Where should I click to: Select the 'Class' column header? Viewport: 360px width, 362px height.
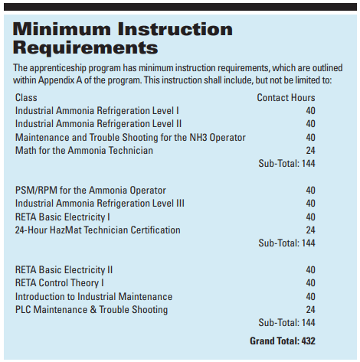pyautogui.click(x=26, y=98)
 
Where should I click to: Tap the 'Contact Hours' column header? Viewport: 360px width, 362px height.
pyautogui.click(x=286, y=98)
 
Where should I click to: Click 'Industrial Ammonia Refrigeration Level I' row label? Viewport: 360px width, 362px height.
pyautogui.click(x=97, y=111)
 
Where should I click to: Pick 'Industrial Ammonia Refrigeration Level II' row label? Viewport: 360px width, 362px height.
pyautogui.click(x=98, y=124)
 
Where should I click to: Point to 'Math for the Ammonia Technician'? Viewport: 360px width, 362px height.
pyautogui.click(x=84, y=150)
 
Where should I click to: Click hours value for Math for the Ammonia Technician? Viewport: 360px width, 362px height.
pyautogui.click(x=310, y=150)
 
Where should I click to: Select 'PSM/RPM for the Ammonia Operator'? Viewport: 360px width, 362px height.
pyautogui.click(x=90, y=191)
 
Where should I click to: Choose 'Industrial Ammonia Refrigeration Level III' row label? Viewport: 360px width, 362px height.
pyautogui.click(x=100, y=204)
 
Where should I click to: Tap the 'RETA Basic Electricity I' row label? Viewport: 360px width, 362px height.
pyautogui.click(x=63, y=217)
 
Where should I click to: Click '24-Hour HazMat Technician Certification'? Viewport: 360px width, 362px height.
pyautogui.click(x=98, y=230)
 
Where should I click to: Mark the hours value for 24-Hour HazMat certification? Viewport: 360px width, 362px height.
pyautogui.click(x=310, y=230)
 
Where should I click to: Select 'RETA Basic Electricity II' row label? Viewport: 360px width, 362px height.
pyautogui.click(x=64, y=270)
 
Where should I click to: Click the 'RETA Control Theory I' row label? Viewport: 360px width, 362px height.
pyautogui.click(x=60, y=283)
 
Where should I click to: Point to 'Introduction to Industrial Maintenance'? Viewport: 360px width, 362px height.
pyautogui.click(x=93, y=296)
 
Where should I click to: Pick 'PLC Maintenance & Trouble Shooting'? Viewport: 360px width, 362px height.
pyautogui.click(x=92, y=309)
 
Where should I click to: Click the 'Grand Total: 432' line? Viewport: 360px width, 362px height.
pyautogui.click(x=283, y=341)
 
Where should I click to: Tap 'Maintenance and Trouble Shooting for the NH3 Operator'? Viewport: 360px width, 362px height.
pyautogui.click(x=130, y=137)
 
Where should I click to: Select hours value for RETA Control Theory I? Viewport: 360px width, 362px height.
pyautogui.click(x=310, y=283)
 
